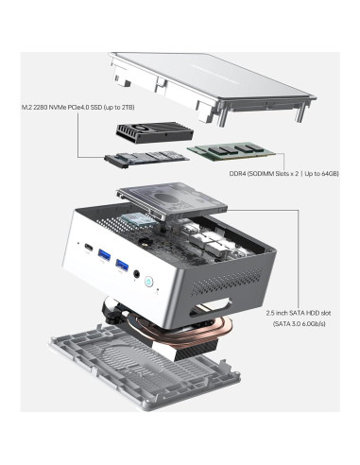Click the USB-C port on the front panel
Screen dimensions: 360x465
pos(89,248)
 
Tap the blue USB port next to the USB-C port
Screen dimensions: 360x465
pos(104,255)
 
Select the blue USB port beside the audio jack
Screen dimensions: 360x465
pos(122,265)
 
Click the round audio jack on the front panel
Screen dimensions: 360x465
pos(137,274)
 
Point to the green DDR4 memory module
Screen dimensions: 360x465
pos(231,150)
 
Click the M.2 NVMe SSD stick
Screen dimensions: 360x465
pos(146,160)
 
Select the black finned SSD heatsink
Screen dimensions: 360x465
pos(155,133)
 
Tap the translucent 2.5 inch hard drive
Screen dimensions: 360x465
pos(172,200)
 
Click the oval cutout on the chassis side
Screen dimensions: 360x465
pos(211,306)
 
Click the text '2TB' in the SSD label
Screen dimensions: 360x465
pos(128,108)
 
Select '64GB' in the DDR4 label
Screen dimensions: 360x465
pos(330,173)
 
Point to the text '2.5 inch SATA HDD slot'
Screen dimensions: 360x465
pos(299,313)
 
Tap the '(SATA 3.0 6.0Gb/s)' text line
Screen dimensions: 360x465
pos(299,323)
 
